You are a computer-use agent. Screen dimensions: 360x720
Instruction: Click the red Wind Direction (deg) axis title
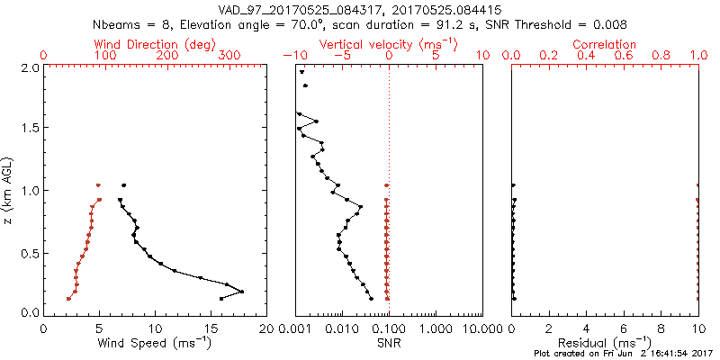(156, 44)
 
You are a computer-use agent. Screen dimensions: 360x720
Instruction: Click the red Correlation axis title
(605, 44)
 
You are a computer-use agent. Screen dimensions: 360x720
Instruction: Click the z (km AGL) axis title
(9, 189)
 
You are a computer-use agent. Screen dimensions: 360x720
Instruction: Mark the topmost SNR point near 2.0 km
(302, 72)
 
